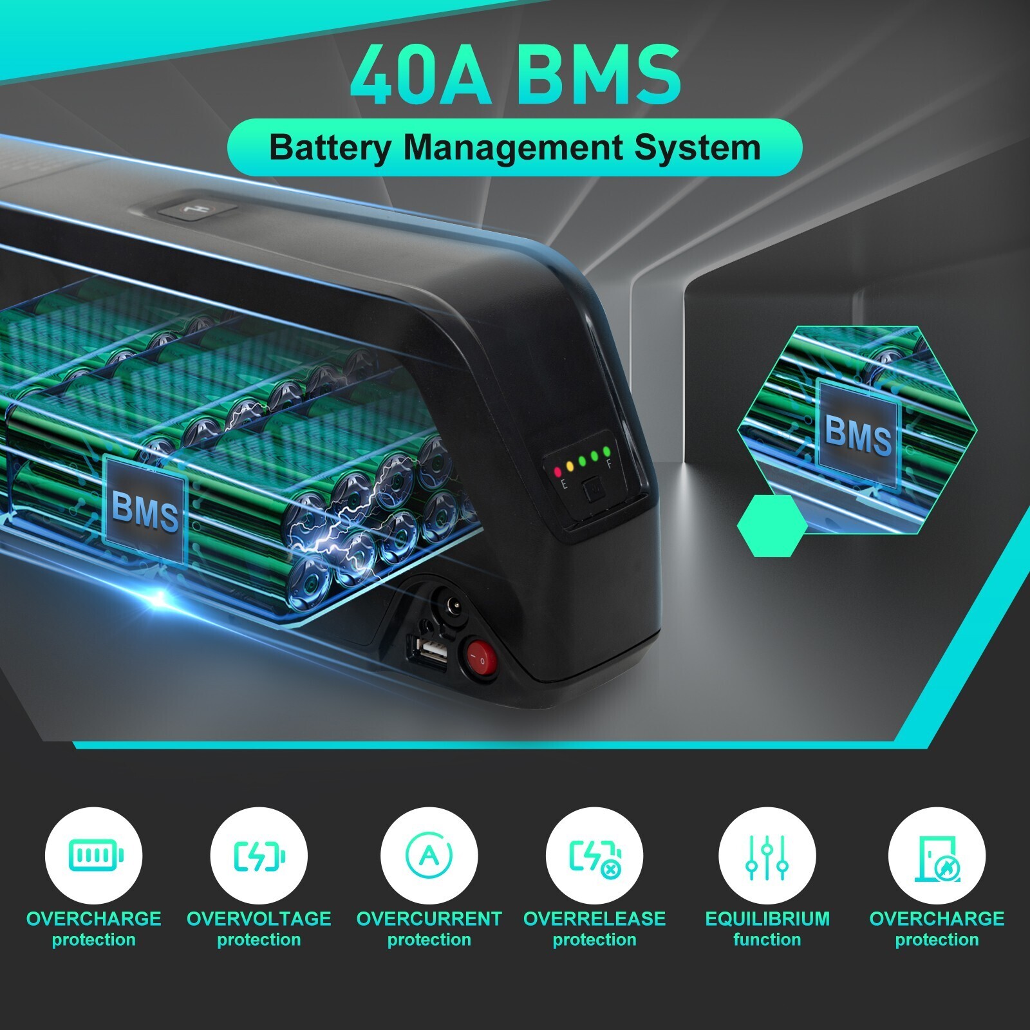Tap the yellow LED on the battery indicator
click(570, 465)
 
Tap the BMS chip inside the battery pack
click(145, 509)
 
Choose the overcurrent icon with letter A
click(429, 856)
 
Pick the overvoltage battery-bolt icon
click(259, 856)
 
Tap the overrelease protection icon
click(595, 857)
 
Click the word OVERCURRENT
click(429, 919)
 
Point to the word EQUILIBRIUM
click(767, 919)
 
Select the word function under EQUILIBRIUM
click(767, 940)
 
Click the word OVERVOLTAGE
click(259, 919)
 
